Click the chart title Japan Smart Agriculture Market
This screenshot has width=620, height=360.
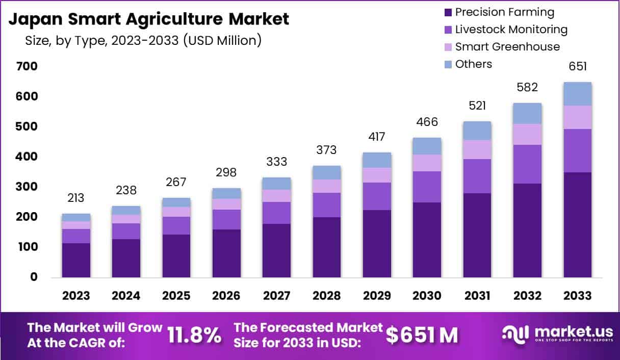(x=149, y=19)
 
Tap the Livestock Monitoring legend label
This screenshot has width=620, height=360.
(x=511, y=30)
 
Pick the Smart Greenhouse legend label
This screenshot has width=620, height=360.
(x=507, y=47)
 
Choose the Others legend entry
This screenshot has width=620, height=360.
(x=473, y=64)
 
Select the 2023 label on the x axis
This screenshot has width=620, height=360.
(x=76, y=296)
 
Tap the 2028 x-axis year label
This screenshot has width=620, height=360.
(x=327, y=296)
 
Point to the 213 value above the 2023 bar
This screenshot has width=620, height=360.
(x=76, y=198)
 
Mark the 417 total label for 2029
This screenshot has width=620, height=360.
(x=377, y=137)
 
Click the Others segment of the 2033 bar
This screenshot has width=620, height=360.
(x=578, y=94)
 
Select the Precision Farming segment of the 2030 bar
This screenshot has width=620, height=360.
(x=427, y=240)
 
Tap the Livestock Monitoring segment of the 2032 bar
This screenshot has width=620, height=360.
(x=527, y=164)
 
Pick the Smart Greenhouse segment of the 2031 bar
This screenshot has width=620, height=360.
(x=477, y=149)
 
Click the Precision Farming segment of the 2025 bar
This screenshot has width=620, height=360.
(x=176, y=256)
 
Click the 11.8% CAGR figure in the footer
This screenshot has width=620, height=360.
(x=194, y=335)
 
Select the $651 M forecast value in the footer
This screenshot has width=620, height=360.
(x=421, y=335)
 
